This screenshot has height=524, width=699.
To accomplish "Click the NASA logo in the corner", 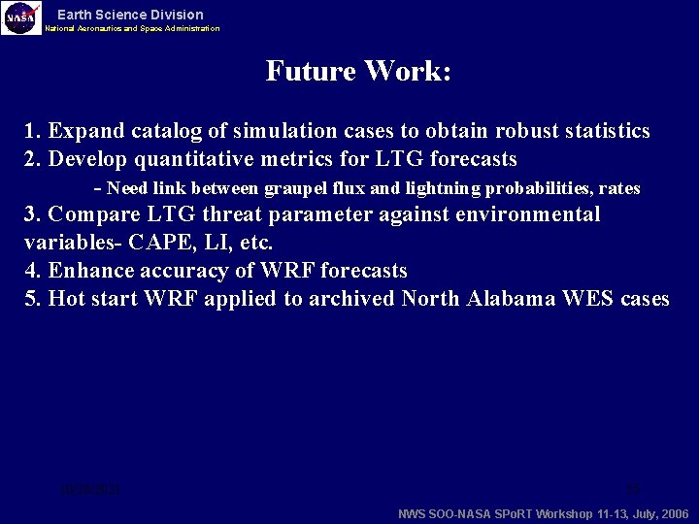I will click(x=21, y=17).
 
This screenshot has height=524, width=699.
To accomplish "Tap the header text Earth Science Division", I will click(x=130, y=15).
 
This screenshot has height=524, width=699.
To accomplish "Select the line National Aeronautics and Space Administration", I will click(x=132, y=29).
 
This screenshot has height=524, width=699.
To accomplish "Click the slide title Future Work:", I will click(x=358, y=72).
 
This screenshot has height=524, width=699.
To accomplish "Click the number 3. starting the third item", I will click(x=33, y=214).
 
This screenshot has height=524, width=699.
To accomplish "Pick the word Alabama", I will click(x=509, y=299).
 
